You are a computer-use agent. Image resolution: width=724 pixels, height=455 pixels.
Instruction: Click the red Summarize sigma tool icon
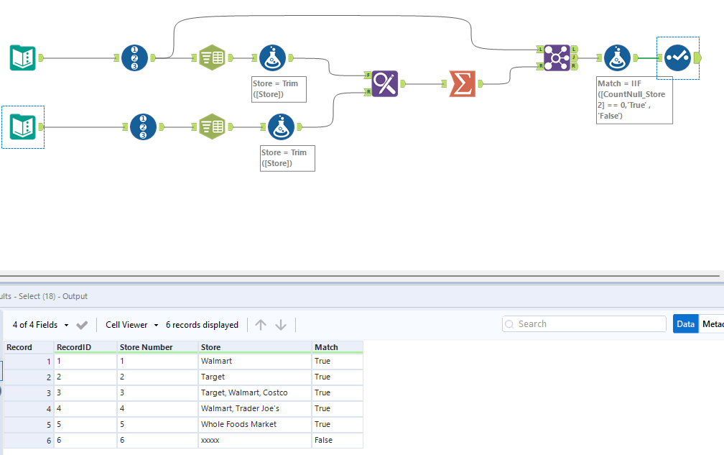pyautogui.click(x=463, y=83)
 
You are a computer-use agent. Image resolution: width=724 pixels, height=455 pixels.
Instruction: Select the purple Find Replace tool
pyautogui.click(x=385, y=83)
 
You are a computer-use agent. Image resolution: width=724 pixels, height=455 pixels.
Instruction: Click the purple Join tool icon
pyautogui.click(x=557, y=57)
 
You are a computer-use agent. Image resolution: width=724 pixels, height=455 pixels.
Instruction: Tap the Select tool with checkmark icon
pyautogui.click(x=677, y=57)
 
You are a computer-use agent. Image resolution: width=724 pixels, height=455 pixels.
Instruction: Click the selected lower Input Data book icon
pyautogui.click(x=23, y=127)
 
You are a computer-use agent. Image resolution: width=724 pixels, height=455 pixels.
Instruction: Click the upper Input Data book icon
pyautogui.click(x=23, y=57)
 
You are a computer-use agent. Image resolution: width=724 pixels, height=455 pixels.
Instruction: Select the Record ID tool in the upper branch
pyautogui.click(x=135, y=57)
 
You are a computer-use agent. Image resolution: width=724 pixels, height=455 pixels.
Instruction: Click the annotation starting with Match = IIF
pyautogui.click(x=633, y=99)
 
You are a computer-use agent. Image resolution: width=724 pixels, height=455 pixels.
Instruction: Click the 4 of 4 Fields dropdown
pyautogui.click(x=40, y=325)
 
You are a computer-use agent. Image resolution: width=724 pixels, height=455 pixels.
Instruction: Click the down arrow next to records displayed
pyautogui.click(x=281, y=325)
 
